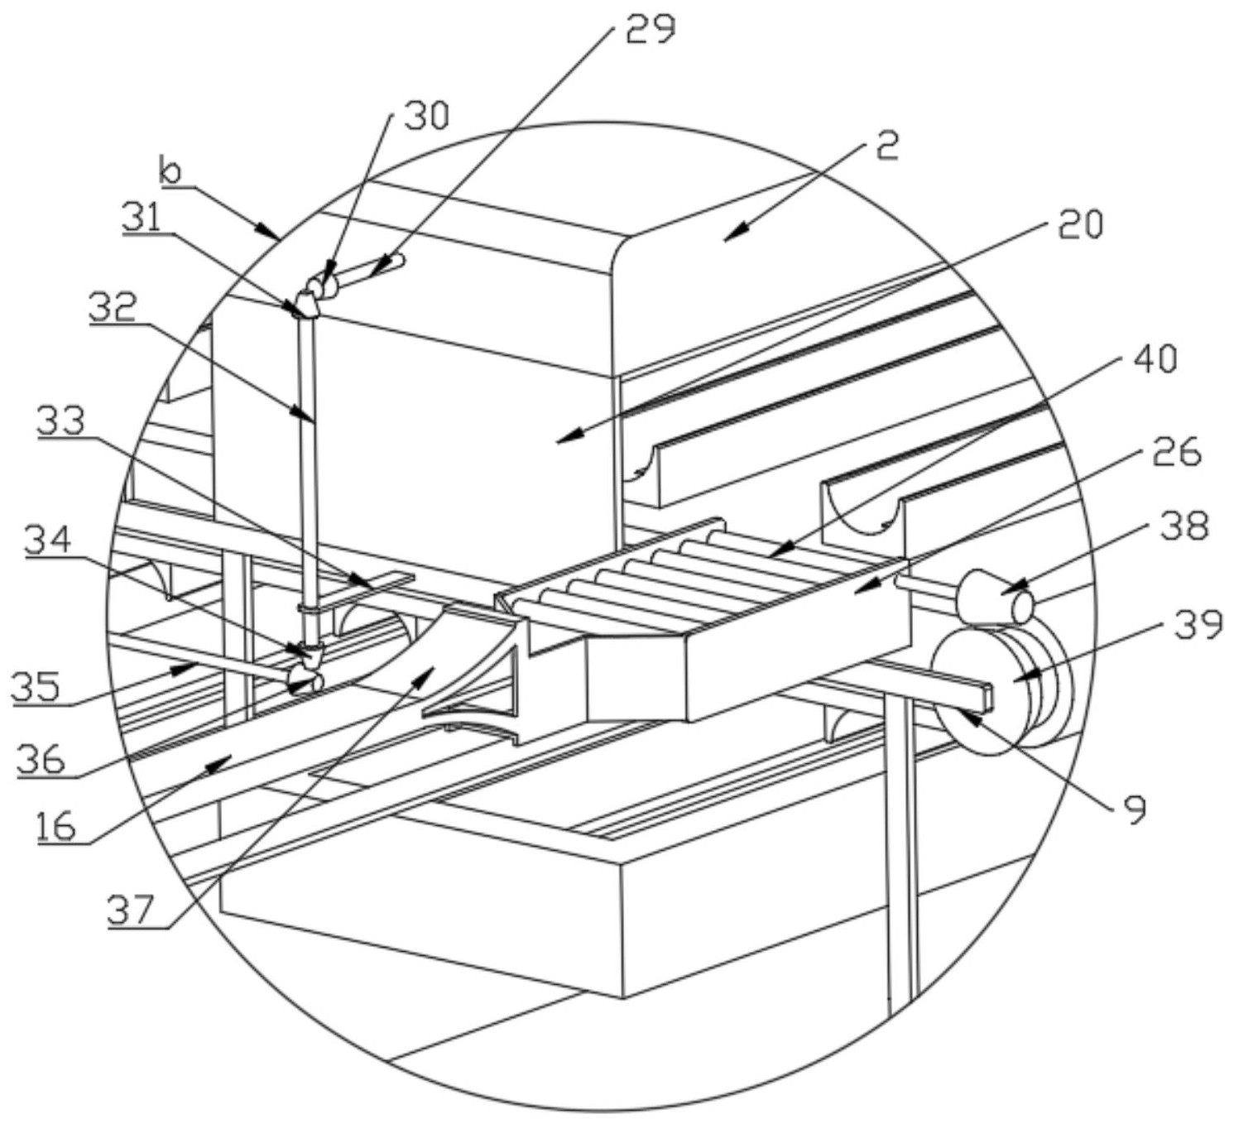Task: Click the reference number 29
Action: pyautogui.click(x=651, y=29)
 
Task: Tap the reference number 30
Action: pyautogui.click(x=428, y=116)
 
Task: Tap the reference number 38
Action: pyautogui.click(x=1185, y=526)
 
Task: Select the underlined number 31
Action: pyautogui.click(x=141, y=218)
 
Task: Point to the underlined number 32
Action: pyautogui.click(x=113, y=308)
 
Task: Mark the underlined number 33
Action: pyautogui.click(x=60, y=422)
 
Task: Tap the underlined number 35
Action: pyautogui.click(x=36, y=687)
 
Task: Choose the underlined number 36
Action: pyautogui.click(x=41, y=758)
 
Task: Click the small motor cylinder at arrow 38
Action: pyautogui.click(x=994, y=596)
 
